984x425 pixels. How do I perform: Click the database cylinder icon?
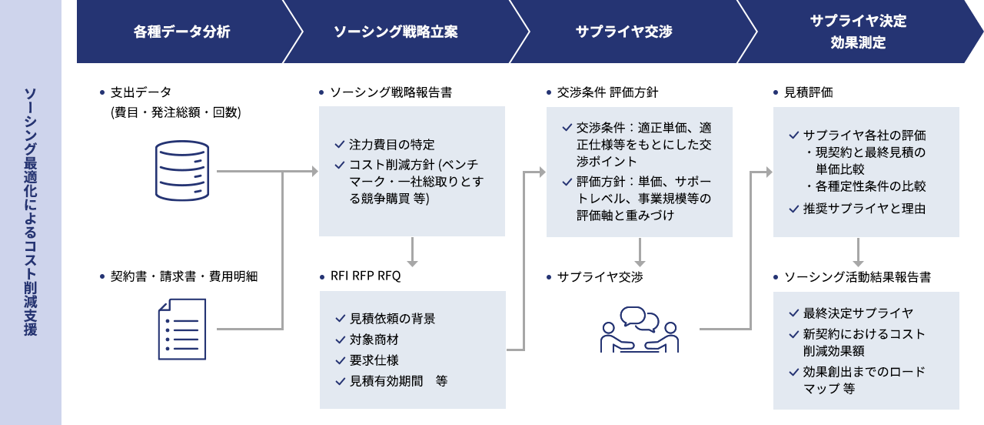pyautogui.click(x=182, y=171)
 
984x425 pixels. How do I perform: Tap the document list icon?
pyautogui.click(x=182, y=329)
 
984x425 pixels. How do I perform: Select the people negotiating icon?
pyautogui.click(x=640, y=330)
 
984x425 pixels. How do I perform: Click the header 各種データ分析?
pyautogui.click(x=181, y=32)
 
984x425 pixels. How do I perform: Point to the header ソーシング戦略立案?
pyautogui.click(x=396, y=32)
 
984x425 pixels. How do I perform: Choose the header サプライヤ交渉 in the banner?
pyautogui.click(x=623, y=32)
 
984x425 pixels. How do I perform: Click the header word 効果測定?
pyautogui.click(x=858, y=42)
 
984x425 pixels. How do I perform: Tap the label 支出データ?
pyautogui.click(x=141, y=92)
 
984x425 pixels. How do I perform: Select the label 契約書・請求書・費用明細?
pyautogui.click(x=184, y=276)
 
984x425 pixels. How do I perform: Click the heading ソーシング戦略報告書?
pyautogui.click(x=391, y=92)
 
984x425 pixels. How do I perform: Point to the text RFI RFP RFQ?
pyautogui.click(x=365, y=276)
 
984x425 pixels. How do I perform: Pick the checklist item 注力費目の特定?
pyautogui.click(x=391, y=144)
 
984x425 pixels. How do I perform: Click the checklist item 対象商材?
pyautogui.click(x=374, y=340)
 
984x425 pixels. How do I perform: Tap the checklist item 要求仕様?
pyautogui.click(x=374, y=360)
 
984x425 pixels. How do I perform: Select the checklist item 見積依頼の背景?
pyautogui.click(x=392, y=319)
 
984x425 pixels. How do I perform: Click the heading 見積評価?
pyautogui.click(x=808, y=92)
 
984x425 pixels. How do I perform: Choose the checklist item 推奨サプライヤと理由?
pyautogui.click(x=864, y=209)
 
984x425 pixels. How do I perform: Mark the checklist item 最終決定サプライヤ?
pyautogui.click(x=858, y=313)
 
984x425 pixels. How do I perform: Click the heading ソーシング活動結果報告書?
pyautogui.click(x=857, y=276)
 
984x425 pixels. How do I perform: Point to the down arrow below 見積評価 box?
pyautogui.click(x=858, y=253)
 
